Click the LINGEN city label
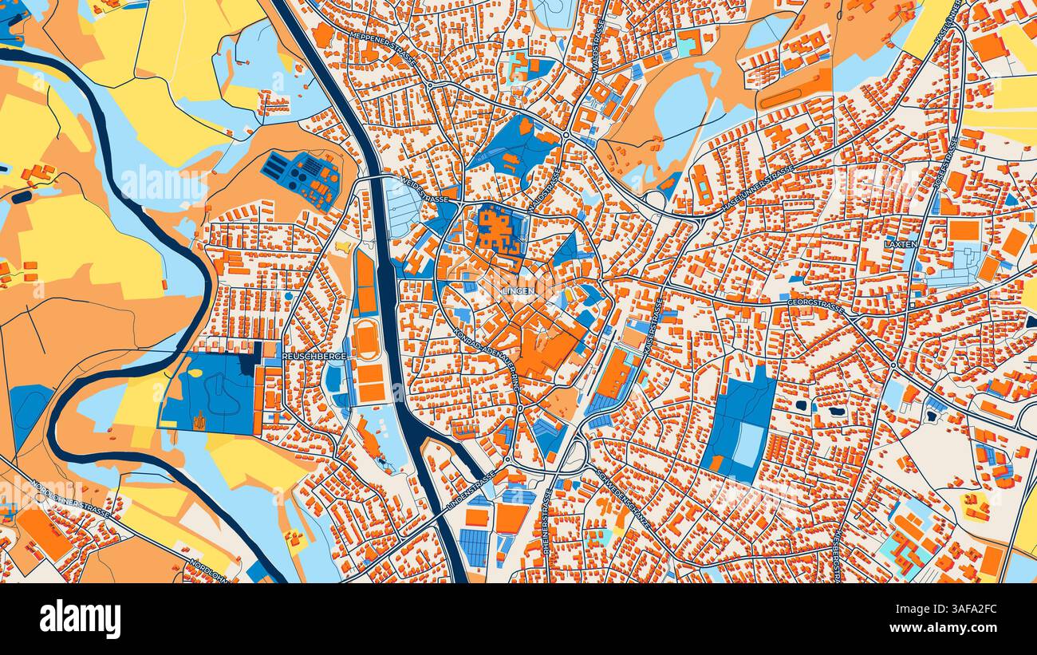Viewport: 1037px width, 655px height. click(518, 291)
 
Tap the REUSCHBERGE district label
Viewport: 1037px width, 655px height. click(313, 357)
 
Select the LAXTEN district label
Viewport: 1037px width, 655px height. click(901, 244)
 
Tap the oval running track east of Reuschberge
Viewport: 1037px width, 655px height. click(367, 341)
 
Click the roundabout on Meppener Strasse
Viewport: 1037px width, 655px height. click(429, 84)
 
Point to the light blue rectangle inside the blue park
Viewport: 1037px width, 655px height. click(747, 444)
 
